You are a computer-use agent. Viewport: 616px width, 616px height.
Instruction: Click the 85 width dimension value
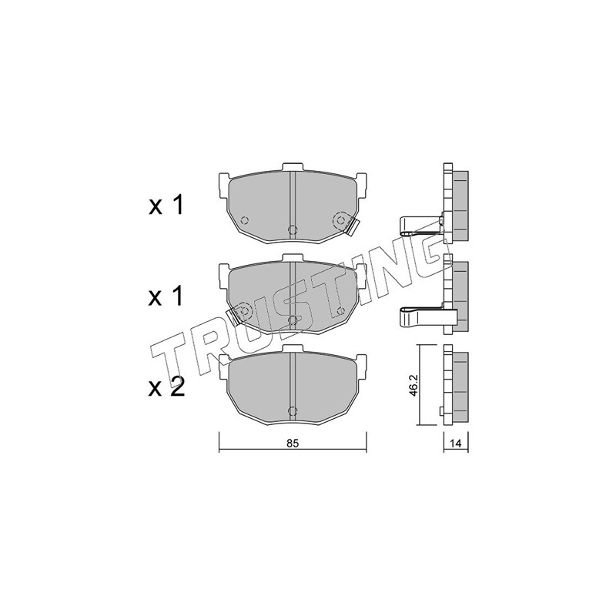tap(293, 444)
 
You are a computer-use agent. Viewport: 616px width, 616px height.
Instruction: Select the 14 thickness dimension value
tap(455, 444)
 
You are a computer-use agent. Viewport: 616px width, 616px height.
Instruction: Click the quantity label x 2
tap(166, 388)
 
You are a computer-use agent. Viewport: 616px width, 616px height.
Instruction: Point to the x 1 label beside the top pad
tap(166, 205)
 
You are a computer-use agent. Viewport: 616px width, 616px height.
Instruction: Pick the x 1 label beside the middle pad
tap(166, 296)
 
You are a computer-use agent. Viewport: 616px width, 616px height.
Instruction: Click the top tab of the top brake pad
tap(293, 166)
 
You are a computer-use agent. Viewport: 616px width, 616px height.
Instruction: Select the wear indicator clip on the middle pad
tap(235, 316)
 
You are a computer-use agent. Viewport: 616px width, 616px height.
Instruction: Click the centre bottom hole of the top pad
tap(293, 229)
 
